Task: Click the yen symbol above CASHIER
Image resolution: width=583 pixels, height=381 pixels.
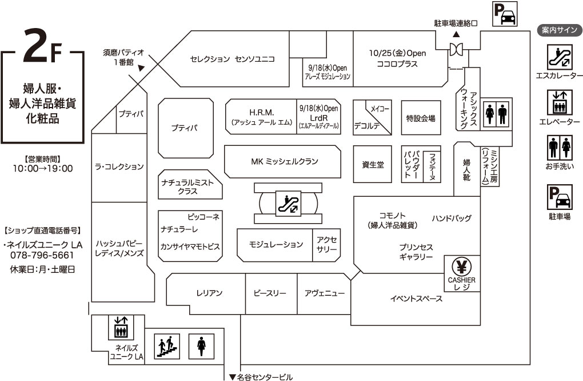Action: pyautogui.click(x=461, y=267)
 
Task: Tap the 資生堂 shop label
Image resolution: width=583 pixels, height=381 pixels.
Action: pyautogui.click(x=373, y=164)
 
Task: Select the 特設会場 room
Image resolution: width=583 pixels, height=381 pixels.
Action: pyautogui.click(x=421, y=118)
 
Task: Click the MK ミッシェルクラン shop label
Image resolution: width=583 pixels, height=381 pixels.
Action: pyautogui.click(x=285, y=161)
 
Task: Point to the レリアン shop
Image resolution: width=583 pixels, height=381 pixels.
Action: pyautogui.click(x=209, y=293)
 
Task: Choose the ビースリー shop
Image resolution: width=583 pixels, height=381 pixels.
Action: pyautogui.click(x=270, y=293)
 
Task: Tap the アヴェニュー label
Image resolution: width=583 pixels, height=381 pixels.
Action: pyautogui.click(x=325, y=293)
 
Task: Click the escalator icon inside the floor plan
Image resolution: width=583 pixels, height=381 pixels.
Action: pyautogui.click(x=288, y=203)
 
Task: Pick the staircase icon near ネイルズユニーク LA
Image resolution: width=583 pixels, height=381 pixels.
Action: pyautogui.click(x=167, y=346)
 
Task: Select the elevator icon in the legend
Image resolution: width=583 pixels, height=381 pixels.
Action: pyautogui.click(x=559, y=102)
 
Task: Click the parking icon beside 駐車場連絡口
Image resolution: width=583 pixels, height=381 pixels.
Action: pyautogui.click(x=505, y=13)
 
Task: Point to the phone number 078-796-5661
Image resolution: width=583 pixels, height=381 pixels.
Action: pyautogui.click(x=42, y=255)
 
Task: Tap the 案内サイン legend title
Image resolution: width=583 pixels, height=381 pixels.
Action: pyautogui.click(x=560, y=30)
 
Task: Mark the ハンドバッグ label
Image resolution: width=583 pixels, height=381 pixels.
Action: pyautogui.click(x=452, y=218)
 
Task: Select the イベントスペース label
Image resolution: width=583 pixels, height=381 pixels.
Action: pyautogui.click(x=417, y=299)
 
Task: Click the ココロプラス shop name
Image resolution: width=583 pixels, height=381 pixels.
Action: pyautogui.click(x=397, y=64)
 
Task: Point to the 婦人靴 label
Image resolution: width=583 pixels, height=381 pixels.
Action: pyautogui.click(x=466, y=169)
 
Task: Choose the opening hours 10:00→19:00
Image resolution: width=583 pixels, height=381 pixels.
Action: pyautogui.click(x=43, y=168)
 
